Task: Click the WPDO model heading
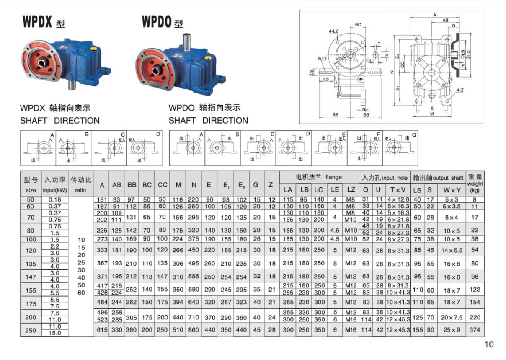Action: (162, 21)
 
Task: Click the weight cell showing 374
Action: (475, 330)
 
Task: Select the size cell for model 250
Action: (31, 330)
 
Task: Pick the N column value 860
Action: (194, 330)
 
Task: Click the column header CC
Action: (163, 185)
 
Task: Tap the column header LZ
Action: (351, 190)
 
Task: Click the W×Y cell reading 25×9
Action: (452, 330)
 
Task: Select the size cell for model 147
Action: (31, 277)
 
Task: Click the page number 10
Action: (489, 345)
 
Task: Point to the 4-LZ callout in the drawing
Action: (334, 31)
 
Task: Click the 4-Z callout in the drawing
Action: (460, 90)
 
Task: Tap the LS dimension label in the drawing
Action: (326, 79)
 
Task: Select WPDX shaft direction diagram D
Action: (144, 148)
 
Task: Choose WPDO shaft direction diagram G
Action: (401, 148)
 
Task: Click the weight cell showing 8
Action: (475, 200)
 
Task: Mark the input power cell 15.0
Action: (55, 333)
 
